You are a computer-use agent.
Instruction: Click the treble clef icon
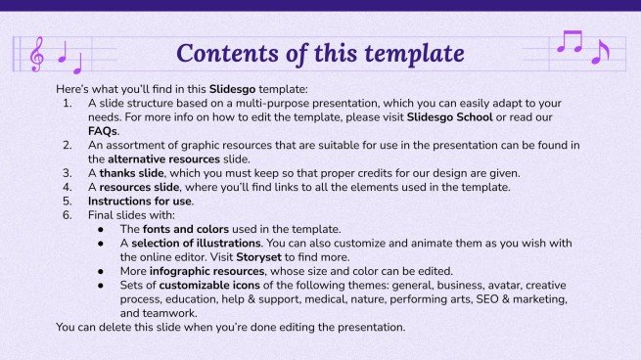point(37,54)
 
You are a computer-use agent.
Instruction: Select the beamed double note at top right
point(569,41)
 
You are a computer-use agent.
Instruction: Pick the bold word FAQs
point(103,130)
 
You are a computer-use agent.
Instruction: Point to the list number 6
point(67,215)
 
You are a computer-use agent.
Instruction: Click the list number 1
point(67,102)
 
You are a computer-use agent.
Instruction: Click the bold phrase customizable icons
point(212,285)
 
